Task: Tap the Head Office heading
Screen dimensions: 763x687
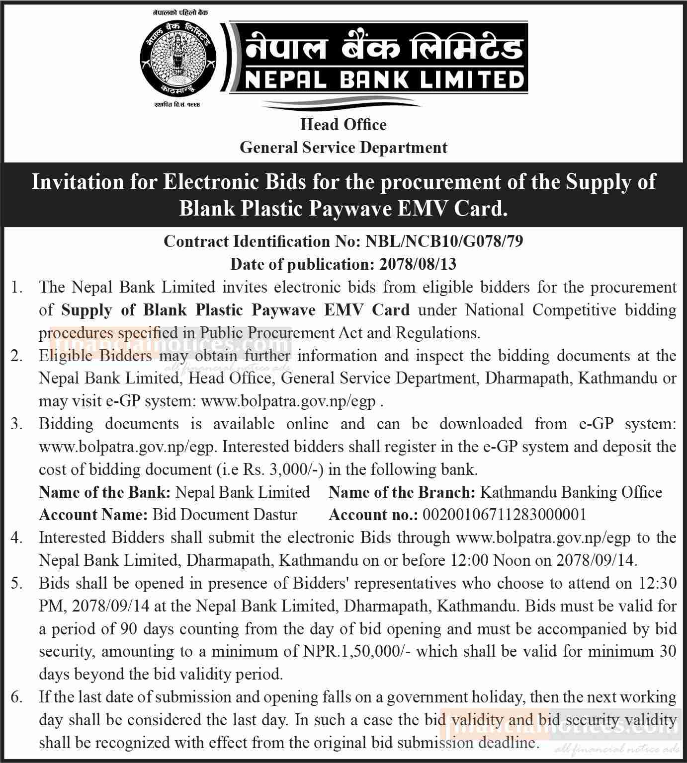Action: point(343,124)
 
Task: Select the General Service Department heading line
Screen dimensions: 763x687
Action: point(343,148)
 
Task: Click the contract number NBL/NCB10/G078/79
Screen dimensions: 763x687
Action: point(444,241)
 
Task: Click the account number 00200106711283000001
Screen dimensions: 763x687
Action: point(504,515)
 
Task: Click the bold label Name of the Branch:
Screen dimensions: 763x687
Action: point(402,492)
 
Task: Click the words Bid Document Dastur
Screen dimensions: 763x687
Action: point(225,515)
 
